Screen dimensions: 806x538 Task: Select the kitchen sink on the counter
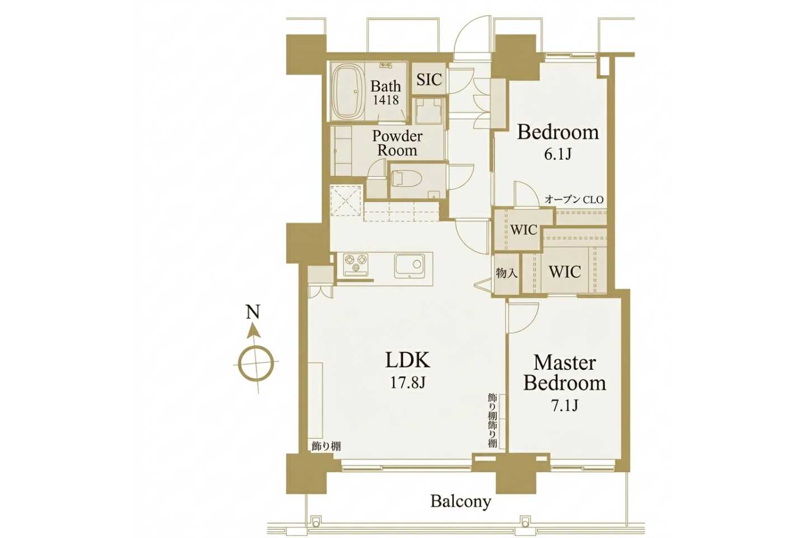pos(409,266)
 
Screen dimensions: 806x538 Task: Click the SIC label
pos(429,80)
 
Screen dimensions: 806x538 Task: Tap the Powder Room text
pos(397,143)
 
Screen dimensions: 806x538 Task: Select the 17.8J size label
pos(407,383)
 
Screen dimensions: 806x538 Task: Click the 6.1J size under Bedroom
pos(557,154)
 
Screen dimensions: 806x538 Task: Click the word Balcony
pos(461,502)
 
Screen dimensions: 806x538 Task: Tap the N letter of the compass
pos(253,312)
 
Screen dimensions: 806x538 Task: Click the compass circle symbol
pos(256,363)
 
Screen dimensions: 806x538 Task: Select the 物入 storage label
pos(507,273)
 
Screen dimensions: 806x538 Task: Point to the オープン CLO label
pos(574,200)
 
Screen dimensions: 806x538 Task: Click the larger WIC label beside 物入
pos(565,272)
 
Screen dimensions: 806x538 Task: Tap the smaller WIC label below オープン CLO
pos(523,230)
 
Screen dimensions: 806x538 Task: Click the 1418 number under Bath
pos(386,100)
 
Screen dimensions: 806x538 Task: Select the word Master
pos(565,363)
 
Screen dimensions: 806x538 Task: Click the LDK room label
pos(407,360)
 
